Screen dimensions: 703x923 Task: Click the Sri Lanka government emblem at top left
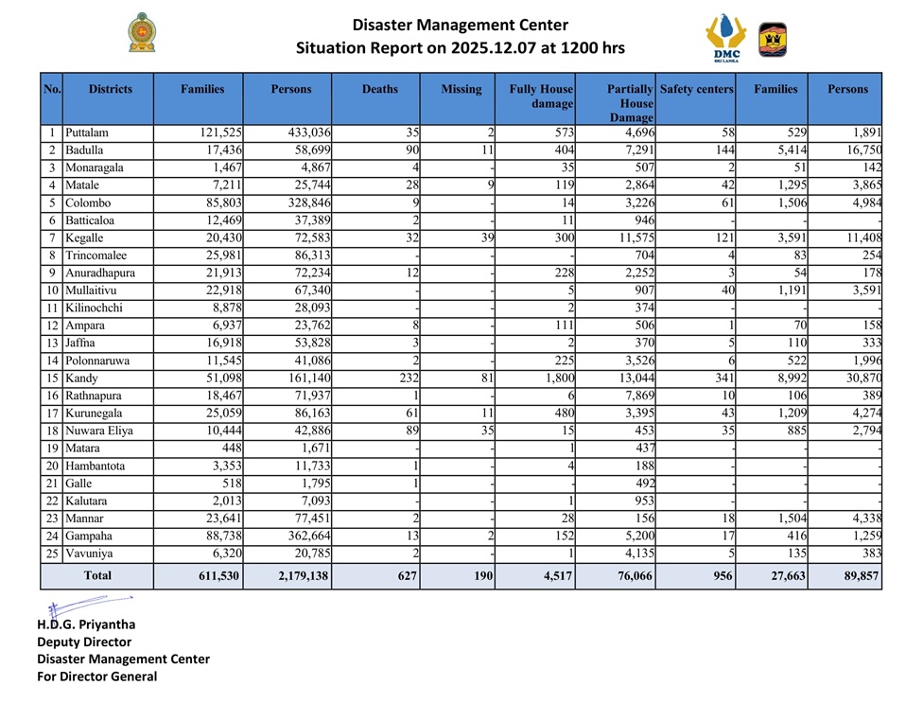[143, 33]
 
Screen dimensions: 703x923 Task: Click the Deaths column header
[379, 89]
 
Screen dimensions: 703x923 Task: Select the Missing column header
[461, 89]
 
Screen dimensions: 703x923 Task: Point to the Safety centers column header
[696, 89]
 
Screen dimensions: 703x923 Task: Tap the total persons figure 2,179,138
[295, 575]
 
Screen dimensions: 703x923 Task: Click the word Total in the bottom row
[97, 575]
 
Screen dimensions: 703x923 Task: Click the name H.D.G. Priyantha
[84, 625]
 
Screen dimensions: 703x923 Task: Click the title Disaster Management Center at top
[461, 25]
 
